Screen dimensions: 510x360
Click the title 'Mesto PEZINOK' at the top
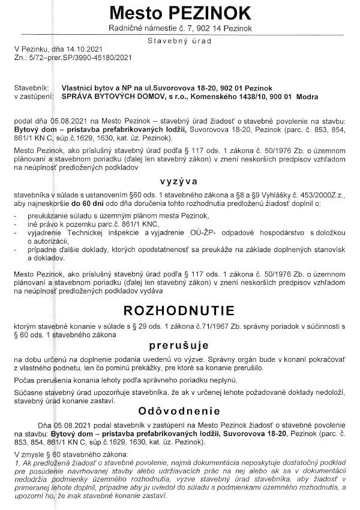(179, 13)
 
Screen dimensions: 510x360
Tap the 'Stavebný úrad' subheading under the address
(179, 40)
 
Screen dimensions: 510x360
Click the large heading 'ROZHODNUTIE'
(179, 311)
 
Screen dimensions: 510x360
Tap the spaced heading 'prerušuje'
(179, 346)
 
